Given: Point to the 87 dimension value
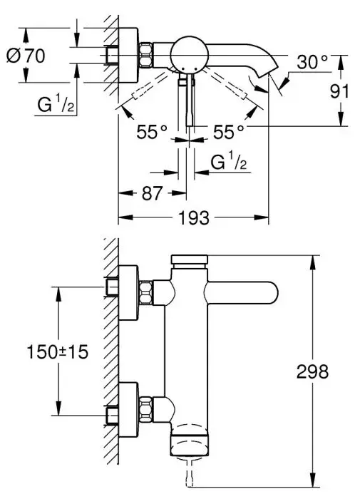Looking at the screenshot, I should [x=150, y=192].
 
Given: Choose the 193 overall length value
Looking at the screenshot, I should [x=192, y=219].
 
